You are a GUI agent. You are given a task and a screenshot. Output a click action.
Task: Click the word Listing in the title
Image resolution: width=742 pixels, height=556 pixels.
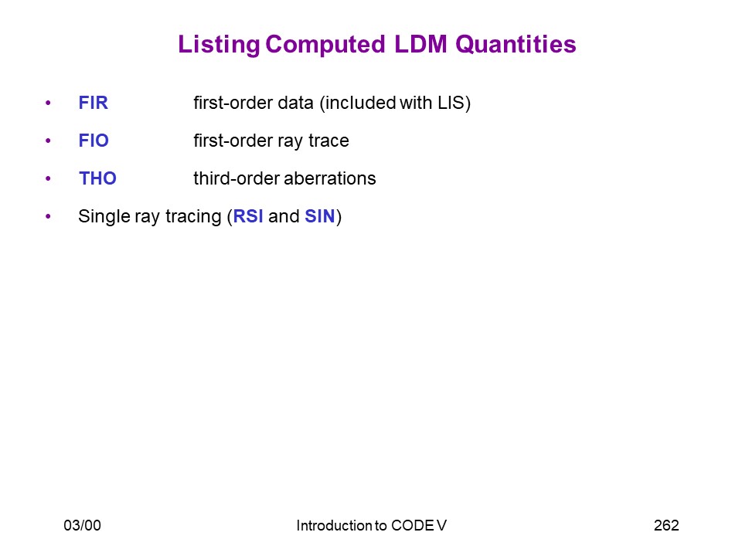219,46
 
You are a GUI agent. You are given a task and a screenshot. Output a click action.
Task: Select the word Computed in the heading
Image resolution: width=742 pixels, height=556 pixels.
325,45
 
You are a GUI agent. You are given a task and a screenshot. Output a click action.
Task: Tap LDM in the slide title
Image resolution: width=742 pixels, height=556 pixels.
420,44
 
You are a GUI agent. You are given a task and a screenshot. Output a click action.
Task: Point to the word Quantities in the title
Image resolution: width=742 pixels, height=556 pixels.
516,45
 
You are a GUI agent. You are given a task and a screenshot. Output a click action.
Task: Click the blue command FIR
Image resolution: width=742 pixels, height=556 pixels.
94,103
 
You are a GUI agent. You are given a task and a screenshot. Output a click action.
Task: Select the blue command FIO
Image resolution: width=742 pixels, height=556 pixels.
94,141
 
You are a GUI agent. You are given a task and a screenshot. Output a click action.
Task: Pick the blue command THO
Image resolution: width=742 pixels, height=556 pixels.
97,178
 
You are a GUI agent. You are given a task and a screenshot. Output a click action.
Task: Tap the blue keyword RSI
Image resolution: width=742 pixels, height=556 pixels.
248,216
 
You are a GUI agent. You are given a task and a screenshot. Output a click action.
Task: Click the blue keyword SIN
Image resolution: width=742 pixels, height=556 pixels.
320,216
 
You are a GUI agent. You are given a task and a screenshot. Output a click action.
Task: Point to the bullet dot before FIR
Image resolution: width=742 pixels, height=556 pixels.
48,103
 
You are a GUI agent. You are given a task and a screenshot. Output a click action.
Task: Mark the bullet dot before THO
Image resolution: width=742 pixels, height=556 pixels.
48,178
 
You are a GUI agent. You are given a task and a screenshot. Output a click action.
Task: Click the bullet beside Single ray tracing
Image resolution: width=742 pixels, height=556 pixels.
48,216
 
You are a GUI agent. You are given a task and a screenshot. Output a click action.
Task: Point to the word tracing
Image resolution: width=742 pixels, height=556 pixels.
193,216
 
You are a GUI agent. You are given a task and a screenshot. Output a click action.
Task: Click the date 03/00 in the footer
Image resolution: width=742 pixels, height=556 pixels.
83,525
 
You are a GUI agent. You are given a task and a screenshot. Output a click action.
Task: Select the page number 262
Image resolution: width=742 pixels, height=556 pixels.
666,525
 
